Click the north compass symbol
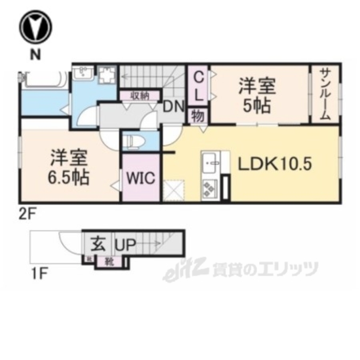(36, 28)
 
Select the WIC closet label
(140, 178)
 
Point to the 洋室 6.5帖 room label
(68, 167)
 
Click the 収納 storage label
(140, 96)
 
